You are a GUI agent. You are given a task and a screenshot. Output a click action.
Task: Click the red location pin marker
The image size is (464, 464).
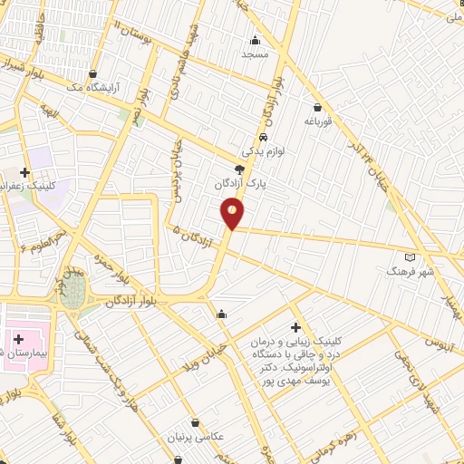233,213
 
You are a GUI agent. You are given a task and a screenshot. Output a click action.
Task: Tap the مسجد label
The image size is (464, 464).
255,54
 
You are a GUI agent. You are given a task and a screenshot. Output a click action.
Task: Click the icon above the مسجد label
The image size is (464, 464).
255,39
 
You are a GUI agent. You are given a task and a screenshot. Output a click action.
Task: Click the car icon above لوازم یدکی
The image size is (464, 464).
263,138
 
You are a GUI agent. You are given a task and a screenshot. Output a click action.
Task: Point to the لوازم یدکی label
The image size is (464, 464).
263,152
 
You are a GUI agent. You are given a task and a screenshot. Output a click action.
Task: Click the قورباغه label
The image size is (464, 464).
320,120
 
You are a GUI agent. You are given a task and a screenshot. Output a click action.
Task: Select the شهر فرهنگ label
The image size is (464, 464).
411,271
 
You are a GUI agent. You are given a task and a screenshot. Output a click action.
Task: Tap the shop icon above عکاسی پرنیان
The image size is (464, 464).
197,421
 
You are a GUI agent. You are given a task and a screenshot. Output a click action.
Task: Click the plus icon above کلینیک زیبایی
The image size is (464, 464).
295,327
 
